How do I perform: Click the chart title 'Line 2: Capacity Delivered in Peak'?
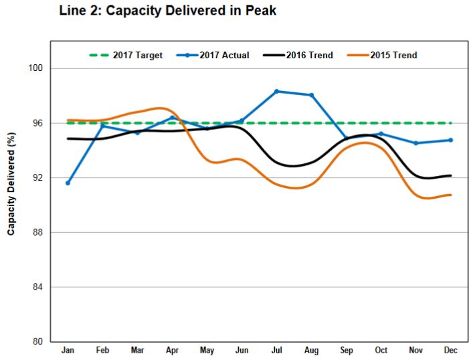click(167, 11)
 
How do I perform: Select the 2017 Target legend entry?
click(126, 56)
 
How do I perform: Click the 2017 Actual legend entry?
click(214, 56)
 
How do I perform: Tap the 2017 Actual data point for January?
click(68, 183)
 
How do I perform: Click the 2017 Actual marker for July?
click(276, 91)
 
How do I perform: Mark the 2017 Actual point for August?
click(311, 95)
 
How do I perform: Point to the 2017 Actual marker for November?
click(415, 143)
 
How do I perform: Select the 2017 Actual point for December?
click(450, 140)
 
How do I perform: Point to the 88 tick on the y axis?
click(38, 232)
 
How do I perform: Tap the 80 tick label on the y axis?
click(38, 342)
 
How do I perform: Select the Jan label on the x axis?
click(68, 350)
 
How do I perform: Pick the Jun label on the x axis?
click(242, 350)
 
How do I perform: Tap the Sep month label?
click(346, 350)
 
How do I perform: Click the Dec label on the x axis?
click(450, 350)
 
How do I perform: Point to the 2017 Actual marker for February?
click(102, 125)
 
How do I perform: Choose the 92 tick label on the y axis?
click(38, 178)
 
